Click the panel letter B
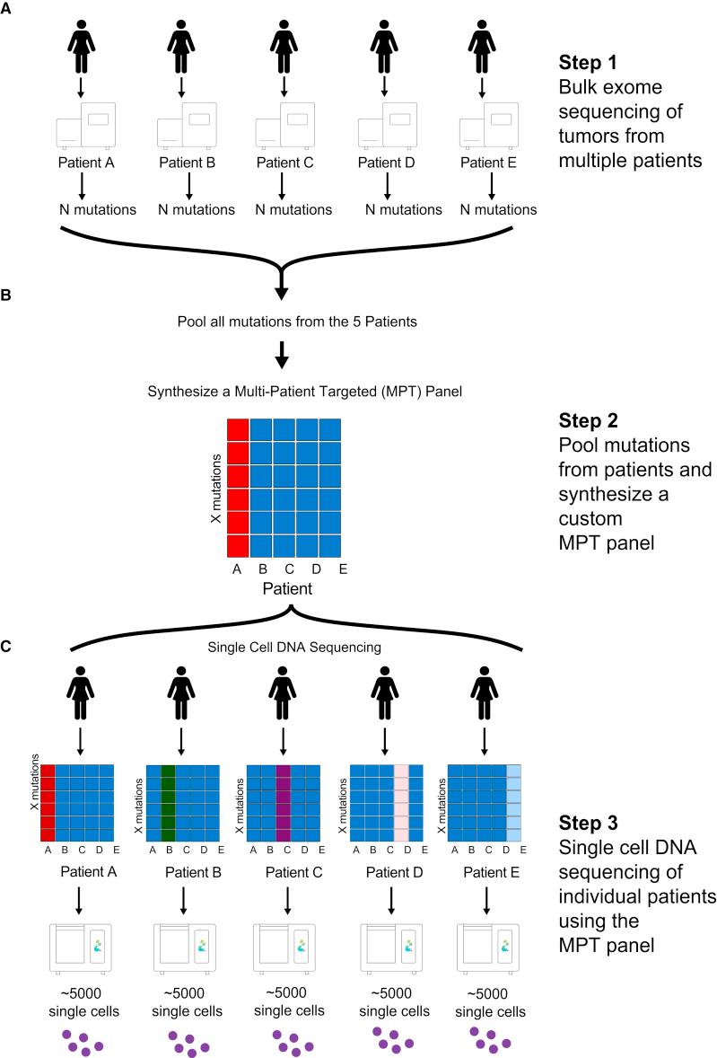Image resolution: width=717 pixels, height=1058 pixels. (x=5, y=295)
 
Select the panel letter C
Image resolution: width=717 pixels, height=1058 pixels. (x=5, y=647)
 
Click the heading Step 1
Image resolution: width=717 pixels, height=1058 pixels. (x=588, y=63)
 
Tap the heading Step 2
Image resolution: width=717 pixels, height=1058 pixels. (x=589, y=420)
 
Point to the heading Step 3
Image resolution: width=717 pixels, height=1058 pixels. (x=589, y=823)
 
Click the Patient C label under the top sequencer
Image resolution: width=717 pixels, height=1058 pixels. (x=285, y=163)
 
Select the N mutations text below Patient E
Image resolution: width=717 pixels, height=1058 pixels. (x=499, y=210)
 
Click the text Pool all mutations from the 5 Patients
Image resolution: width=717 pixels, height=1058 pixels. (x=297, y=322)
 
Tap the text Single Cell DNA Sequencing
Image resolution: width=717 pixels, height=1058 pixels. (x=294, y=647)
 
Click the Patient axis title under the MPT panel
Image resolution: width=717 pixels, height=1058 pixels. (x=287, y=588)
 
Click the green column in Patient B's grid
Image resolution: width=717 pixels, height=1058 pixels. (x=169, y=803)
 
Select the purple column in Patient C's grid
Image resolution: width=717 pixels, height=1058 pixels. (x=283, y=803)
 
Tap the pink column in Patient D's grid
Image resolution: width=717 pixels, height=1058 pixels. (x=401, y=803)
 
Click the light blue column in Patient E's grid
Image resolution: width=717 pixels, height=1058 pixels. (x=514, y=803)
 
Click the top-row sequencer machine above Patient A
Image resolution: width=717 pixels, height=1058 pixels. (x=85, y=126)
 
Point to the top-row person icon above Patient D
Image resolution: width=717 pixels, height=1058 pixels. (x=384, y=47)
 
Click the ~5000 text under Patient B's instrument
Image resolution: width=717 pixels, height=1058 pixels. (x=187, y=993)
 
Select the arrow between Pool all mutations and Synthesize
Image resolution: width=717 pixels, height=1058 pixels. (x=283, y=355)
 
